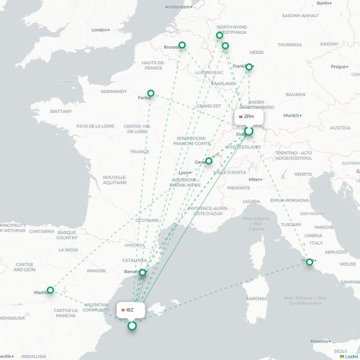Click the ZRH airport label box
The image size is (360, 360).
(248, 116)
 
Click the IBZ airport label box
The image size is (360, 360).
(132, 310)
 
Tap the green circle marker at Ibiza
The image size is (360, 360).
(132, 326)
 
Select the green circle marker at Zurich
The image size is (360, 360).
(249, 132)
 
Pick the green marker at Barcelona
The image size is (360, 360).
(143, 272)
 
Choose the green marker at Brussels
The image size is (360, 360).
(181, 45)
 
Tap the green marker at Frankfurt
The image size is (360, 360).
(249, 67)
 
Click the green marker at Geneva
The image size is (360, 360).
(209, 161)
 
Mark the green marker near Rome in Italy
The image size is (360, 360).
(310, 262)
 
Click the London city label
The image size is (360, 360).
(99, 30)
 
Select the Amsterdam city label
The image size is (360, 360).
(180, 6)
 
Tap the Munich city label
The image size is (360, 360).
(291, 115)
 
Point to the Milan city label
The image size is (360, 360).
(253, 179)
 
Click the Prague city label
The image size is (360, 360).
(339, 67)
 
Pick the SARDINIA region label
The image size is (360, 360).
(256, 298)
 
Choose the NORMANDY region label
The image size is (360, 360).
(114, 91)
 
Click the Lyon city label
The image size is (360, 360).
(185, 173)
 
